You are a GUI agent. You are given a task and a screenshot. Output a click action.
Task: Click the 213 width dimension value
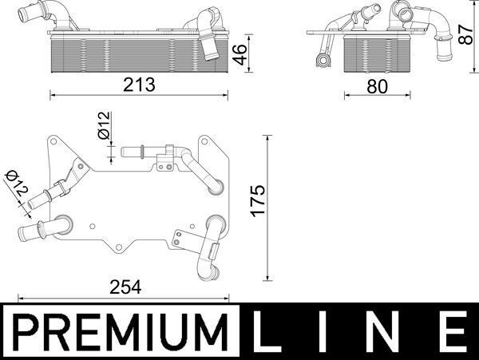pos(140,83)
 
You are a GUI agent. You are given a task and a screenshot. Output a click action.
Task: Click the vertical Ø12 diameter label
pos(102,128)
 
